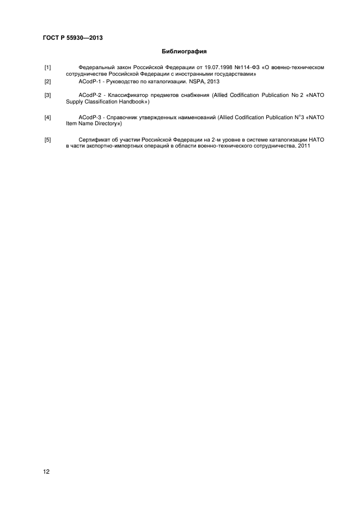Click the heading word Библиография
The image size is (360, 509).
point(184,52)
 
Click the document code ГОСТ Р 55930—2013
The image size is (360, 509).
point(72,38)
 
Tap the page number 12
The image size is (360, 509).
point(46,471)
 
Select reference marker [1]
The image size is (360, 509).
point(47,68)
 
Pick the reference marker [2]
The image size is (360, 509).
point(47,82)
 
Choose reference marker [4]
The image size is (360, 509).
point(47,118)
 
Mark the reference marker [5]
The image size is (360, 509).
point(47,140)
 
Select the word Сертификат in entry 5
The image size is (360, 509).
point(94,140)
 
